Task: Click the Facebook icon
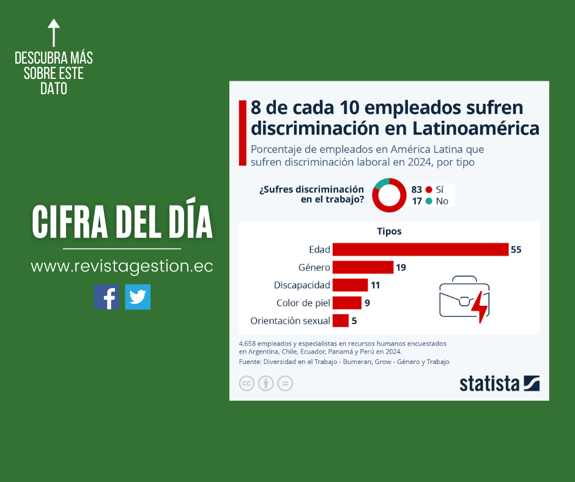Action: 106,297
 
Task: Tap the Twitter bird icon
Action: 138,297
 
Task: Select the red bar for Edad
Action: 420,250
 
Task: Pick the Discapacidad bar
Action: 350,285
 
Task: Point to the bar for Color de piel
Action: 347,303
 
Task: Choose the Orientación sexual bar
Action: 341,321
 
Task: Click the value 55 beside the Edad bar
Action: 516,250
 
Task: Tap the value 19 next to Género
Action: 401,267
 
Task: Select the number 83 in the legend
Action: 417,190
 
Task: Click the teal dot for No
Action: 429,201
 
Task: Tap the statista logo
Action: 499,384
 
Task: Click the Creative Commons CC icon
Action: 247,384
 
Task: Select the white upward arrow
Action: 54,32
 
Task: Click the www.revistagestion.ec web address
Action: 122,267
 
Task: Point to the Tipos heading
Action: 389,232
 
